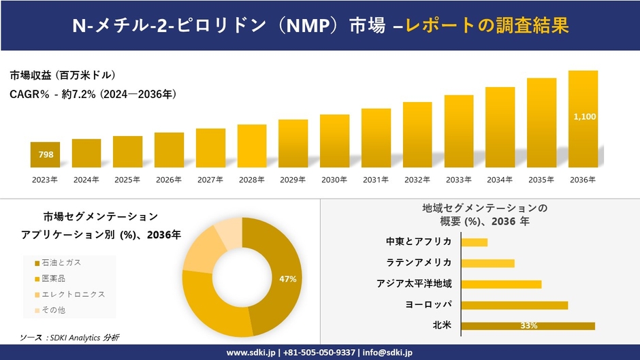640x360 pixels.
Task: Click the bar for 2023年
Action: pos(45,154)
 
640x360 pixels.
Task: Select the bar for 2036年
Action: pos(583,119)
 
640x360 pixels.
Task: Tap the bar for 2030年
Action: pos(334,141)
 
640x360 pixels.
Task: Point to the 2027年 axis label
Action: pos(210,180)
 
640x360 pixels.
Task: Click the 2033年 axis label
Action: pos(459,180)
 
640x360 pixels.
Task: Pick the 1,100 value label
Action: pos(584,117)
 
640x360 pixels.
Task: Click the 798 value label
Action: pos(46,155)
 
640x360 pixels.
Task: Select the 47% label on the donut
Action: pos(287,279)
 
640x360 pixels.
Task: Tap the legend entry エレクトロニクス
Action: pos(69,294)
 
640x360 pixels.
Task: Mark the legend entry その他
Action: pos(53,310)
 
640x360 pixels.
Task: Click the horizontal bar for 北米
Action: pos(528,326)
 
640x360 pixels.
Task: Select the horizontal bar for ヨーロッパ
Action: pos(514,305)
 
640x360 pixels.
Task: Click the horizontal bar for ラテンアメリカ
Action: pos(487,263)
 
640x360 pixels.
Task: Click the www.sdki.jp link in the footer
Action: pos(251,353)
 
